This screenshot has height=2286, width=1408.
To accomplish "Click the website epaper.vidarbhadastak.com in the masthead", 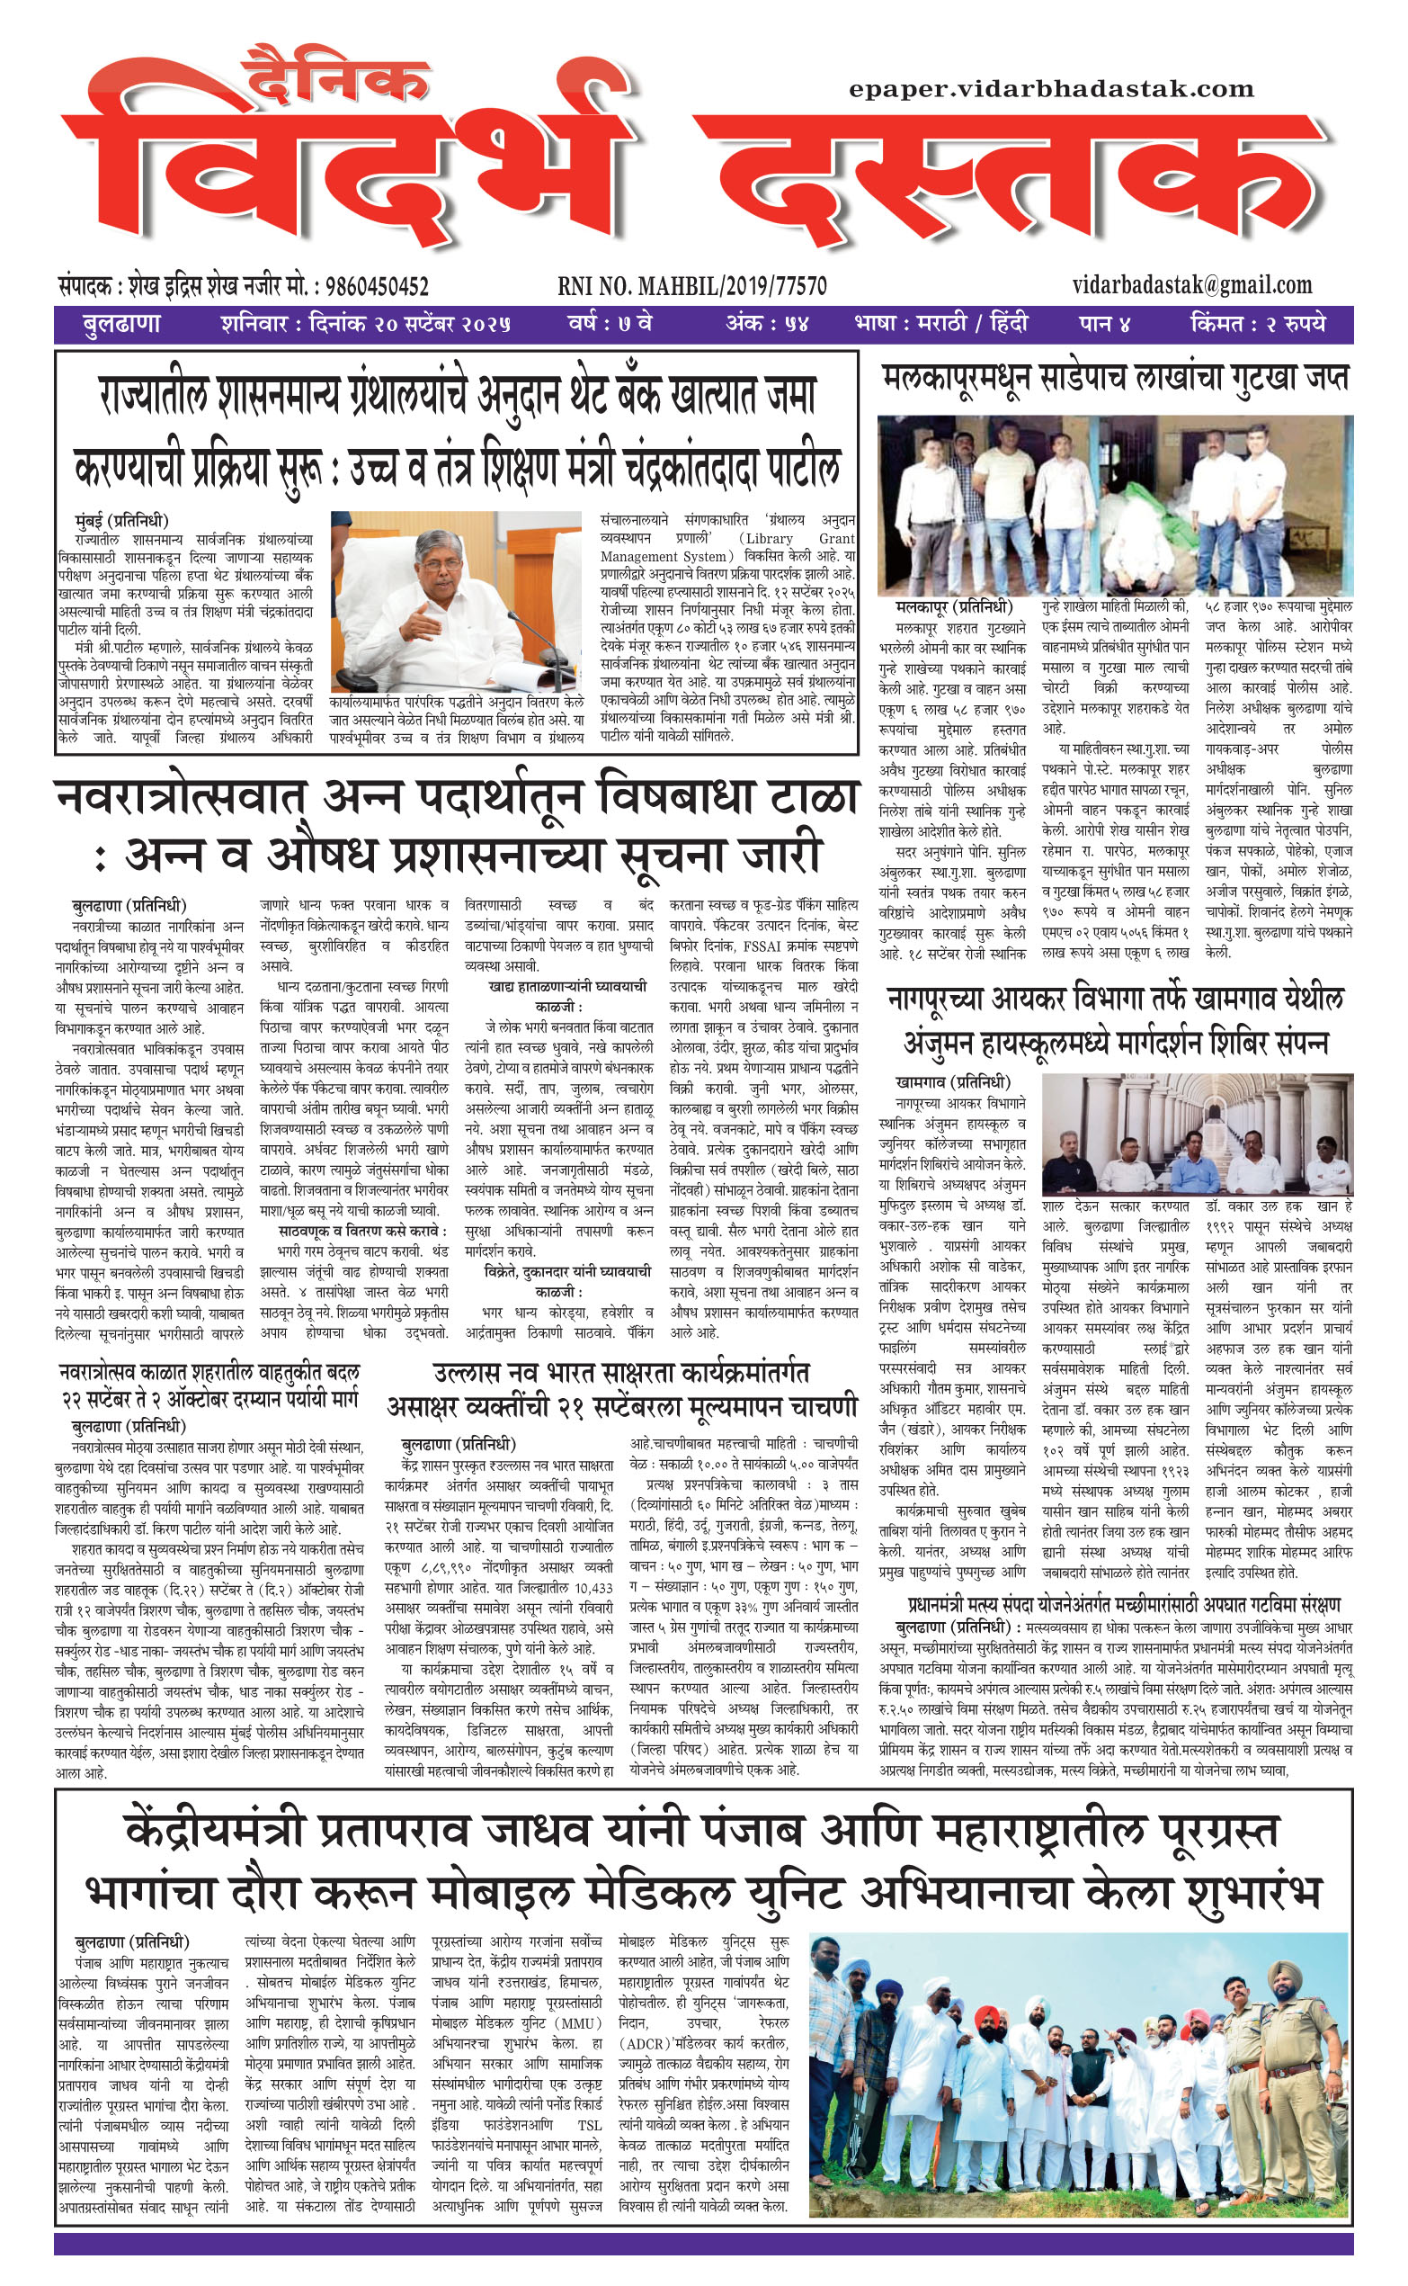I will [x=1051, y=89].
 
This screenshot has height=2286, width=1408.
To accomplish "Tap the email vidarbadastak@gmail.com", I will [x=1192, y=284].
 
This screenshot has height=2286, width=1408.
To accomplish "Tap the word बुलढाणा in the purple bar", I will [x=121, y=324].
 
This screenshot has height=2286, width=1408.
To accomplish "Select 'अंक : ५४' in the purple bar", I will [x=767, y=324].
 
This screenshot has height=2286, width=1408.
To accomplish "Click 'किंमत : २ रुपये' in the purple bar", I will [x=1256, y=324].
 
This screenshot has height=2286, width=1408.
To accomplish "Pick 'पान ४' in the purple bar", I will [x=1104, y=324].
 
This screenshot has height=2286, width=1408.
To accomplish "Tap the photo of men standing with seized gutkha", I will [x=1115, y=505].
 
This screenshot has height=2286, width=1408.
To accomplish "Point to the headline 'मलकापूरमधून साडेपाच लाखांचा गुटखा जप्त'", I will [x=1115, y=378].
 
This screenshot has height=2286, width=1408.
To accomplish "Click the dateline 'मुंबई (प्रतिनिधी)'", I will [x=121, y=520].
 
